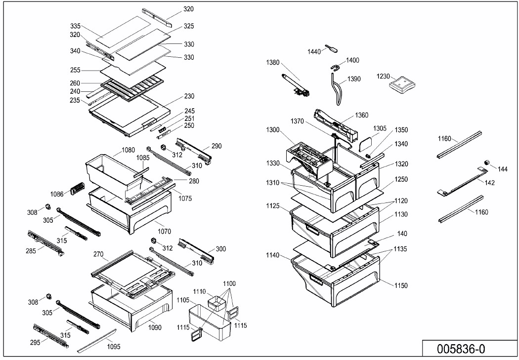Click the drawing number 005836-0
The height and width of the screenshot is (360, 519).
(461, 349)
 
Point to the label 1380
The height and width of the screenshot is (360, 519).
(273, 63)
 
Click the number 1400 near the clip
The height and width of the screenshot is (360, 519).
(352, 60)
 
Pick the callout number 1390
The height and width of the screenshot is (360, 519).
(354, 79)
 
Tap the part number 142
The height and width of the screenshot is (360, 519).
(489, 182)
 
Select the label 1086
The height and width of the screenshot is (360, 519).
(57, 194)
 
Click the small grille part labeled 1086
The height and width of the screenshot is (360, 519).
(77, 189)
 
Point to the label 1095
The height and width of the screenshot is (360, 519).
(113, 347)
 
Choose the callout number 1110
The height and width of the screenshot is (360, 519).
(200, 292)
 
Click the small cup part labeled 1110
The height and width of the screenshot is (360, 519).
(216, 302)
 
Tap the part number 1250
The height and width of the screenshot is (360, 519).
(401, 179)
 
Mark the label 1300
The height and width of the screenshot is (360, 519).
(273, 130)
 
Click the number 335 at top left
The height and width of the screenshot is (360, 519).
(76, 26)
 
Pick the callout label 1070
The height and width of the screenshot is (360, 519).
(164, 231)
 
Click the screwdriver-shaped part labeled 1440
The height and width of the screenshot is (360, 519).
(331, 48)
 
